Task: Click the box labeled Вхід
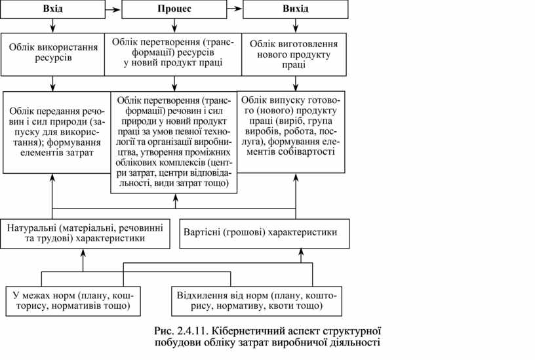(52, 9)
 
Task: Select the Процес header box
(174, 9)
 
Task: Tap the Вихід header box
(295, 9)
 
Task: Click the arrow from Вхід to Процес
(113, 9)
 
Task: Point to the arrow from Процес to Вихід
(234, 9)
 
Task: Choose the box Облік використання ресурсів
(52, 53)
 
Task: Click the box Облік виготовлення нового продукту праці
(294, 54)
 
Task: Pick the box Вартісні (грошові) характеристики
(262, 233)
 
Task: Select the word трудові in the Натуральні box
(55, 239)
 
